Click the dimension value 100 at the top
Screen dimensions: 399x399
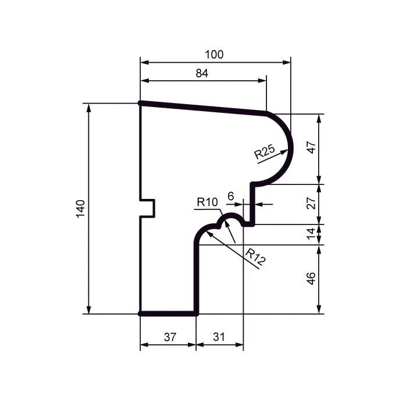(214, 55)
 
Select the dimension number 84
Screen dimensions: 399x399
(202, 73)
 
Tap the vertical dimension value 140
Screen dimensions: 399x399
(80, 209)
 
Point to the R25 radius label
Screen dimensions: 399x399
(265, 151)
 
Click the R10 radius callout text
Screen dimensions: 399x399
(208, 202)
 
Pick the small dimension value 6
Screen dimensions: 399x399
(230, 196)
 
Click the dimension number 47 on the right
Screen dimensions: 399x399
(311, 148)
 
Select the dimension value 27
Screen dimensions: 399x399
(311, 203)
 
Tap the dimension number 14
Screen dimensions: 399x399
(311, 234)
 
